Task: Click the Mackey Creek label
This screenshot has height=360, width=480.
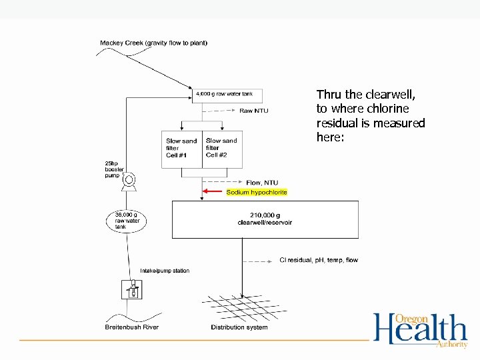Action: pos(153,43)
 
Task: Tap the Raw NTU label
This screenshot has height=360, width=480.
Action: pos(254,111)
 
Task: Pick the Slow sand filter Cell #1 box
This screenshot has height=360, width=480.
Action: pos(181,148)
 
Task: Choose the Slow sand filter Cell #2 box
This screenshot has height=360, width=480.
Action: pos(223,148)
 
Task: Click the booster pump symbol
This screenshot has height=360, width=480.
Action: pos(129,179)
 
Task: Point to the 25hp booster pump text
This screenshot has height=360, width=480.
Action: pos(114,170)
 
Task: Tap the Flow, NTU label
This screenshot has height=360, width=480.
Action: pos(262,183)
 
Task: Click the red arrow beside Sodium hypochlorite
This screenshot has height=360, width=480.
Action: pos(213,192)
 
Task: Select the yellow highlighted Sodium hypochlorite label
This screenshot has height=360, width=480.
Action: pos(257,192)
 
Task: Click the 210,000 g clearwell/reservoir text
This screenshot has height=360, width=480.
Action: pos(265,219)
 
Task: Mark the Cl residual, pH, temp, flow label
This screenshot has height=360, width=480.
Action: pos(318,260)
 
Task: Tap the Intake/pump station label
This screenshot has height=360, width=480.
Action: pos(165,271)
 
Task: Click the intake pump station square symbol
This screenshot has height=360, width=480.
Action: pos(133,290)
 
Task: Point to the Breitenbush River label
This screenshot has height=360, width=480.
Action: pos(132,327)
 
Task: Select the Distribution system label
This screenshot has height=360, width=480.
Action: pos(239,327)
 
